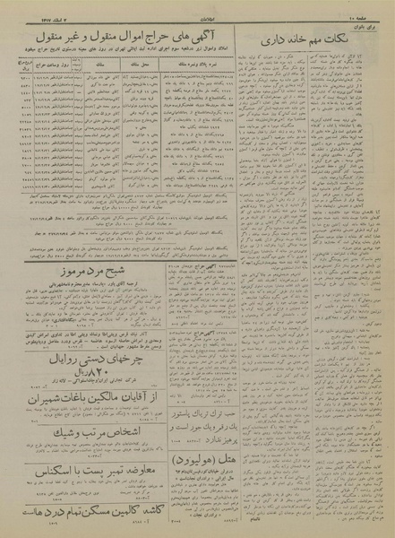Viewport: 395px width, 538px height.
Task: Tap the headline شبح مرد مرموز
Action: pos(85,267)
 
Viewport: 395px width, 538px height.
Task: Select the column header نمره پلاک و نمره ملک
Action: pos(208,65)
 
